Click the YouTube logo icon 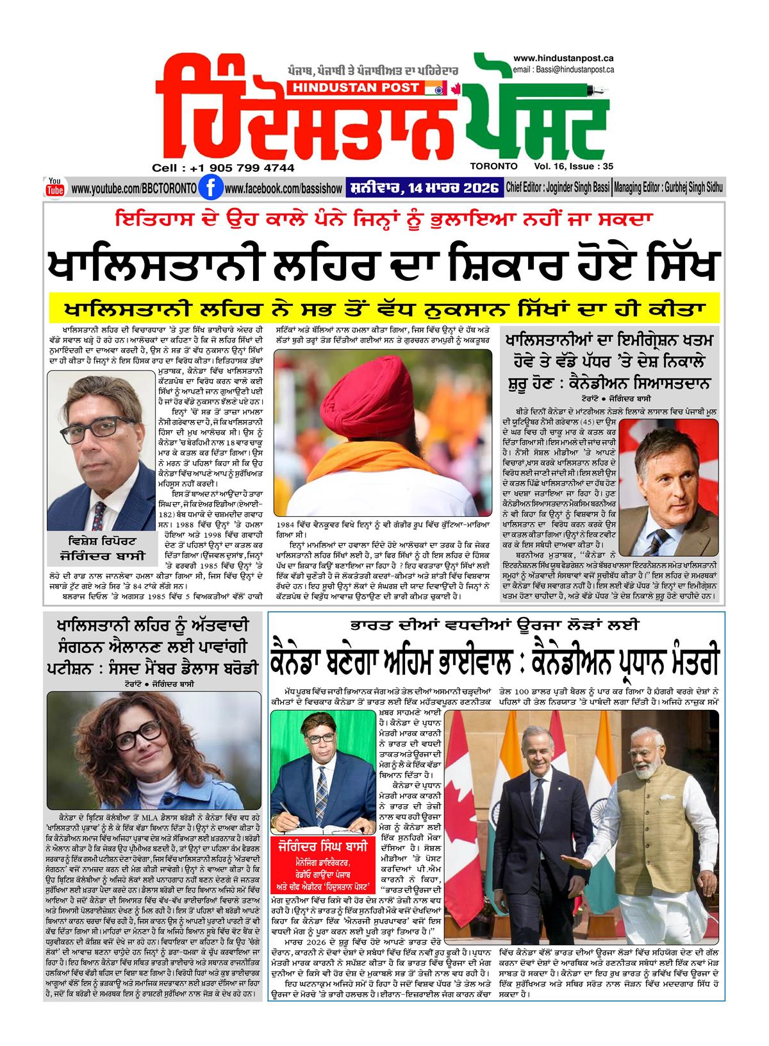click(x=54, y=187)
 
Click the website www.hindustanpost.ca click(x=564, y=58)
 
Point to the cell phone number click(x=224, y=168)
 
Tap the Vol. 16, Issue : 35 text click(x=575, y=165)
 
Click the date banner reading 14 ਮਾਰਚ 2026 click(x=424, y=189)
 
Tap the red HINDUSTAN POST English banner click(x=372, y=88)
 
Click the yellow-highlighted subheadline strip click(x=384, y=308)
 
